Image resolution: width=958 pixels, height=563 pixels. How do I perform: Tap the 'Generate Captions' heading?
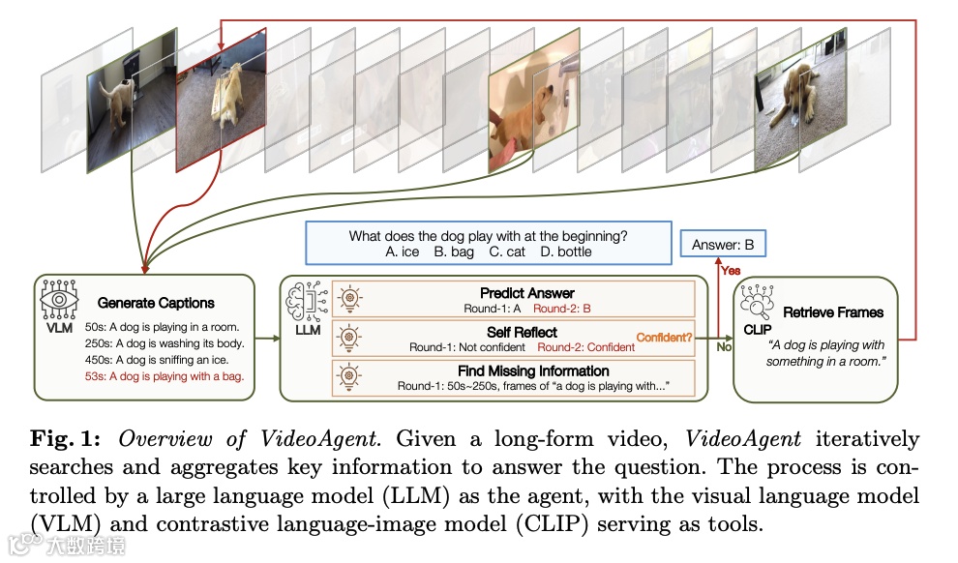click(156, 303)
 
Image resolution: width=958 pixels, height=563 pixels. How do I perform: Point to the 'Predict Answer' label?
click(526, 292)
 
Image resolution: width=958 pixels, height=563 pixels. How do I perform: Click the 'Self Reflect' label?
click(522, 332)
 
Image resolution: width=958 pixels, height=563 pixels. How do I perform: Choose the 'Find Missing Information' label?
click(534, 370)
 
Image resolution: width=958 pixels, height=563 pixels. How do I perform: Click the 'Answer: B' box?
click(723, 245)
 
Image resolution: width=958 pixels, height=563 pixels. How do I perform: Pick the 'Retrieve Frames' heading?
click(833, 312)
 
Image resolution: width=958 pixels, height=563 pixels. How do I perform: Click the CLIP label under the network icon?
click(759, 330)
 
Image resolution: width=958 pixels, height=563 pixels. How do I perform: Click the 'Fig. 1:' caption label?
click(76, 438)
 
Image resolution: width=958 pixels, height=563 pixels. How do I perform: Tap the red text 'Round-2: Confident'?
click(585, 346)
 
